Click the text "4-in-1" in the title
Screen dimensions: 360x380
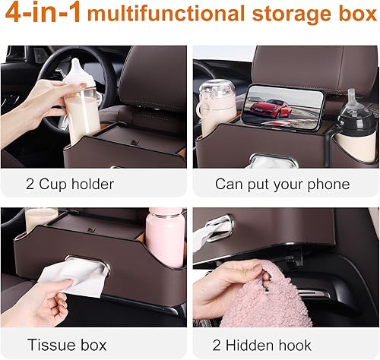tap(43, 15)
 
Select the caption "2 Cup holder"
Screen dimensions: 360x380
tap(69, 185)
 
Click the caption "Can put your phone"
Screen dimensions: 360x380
tap(282, 185)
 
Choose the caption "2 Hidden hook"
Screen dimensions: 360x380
tap(269, 346)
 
